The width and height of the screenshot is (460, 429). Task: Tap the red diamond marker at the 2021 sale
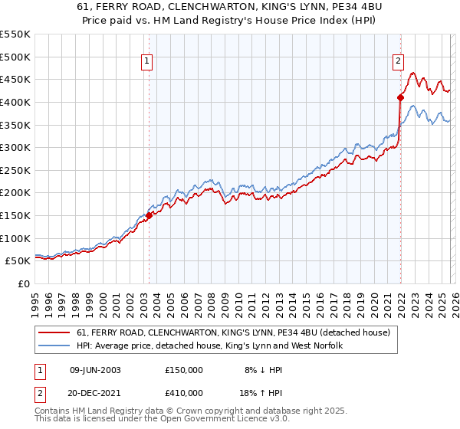[x=400, y=97]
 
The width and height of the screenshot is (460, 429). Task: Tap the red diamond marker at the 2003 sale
[x=149, y=215]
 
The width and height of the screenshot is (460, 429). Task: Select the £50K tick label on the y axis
[x=19, y=261]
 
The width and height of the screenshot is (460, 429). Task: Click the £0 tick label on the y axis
[x=25, y=283]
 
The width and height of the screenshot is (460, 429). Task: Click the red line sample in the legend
[x=55, y=332]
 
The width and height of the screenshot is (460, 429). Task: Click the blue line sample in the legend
[x=55, y=346]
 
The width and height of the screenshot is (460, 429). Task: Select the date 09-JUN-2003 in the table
[x=95, y=369]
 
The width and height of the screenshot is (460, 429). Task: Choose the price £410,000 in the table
[x=184, y=392]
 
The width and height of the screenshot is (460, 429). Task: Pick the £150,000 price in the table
[x=184, y=369]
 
